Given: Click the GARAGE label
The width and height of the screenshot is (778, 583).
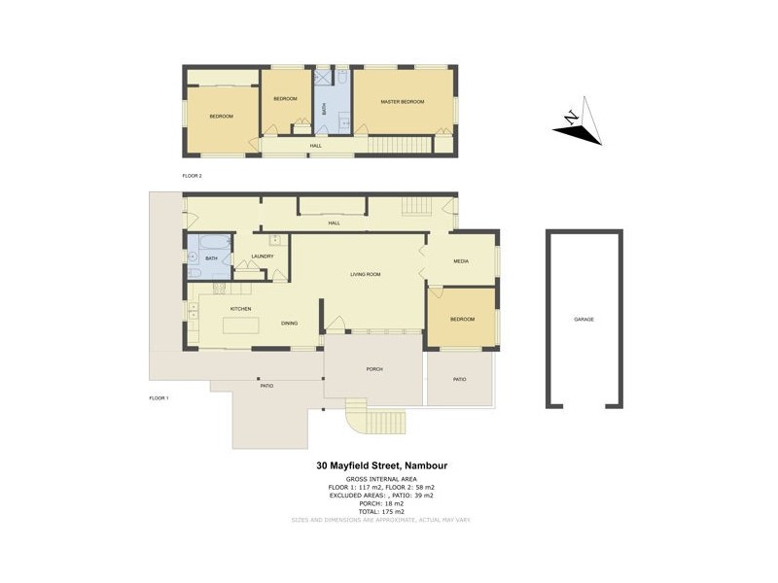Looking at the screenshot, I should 583,319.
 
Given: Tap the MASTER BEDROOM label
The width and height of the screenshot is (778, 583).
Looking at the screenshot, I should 403,102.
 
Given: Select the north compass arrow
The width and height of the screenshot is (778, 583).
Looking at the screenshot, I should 580,122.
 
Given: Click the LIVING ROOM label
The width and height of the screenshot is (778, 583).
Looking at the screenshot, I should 366,275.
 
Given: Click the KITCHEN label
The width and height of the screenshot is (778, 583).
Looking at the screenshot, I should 241,309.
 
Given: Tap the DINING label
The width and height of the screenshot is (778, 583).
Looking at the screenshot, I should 289,323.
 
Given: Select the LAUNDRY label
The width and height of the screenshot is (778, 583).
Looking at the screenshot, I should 262,257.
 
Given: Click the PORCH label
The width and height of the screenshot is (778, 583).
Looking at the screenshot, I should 373,369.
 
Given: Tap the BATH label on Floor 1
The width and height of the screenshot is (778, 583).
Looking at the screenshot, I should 211,257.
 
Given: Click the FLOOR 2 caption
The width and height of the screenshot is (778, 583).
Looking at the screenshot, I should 192,176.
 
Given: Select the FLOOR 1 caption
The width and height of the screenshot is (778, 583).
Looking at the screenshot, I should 159,398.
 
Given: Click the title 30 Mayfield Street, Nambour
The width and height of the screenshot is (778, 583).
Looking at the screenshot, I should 389,465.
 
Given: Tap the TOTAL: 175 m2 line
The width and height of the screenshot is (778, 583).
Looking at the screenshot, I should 389,511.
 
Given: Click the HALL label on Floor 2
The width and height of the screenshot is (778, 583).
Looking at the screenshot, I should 316,146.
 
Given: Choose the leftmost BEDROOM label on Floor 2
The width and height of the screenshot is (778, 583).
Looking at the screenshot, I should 222,117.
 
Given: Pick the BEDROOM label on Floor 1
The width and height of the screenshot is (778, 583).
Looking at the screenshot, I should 462,319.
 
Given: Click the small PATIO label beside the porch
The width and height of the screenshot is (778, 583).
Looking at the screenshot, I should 460,379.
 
